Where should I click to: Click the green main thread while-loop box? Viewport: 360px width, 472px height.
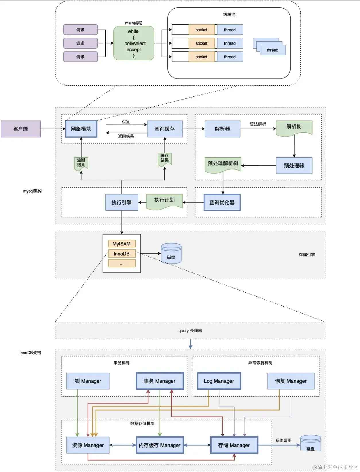(134, 43)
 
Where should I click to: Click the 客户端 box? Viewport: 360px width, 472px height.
(21, 129)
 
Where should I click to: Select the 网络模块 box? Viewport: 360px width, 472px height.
(81, 129)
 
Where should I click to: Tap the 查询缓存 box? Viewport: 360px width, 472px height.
(164, 129)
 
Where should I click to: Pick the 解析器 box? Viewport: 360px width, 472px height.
(222, 129)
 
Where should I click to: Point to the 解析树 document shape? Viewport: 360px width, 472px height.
(294, 127)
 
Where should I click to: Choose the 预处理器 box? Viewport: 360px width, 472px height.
(294, 166)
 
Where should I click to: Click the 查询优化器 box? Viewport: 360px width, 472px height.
(222, 202)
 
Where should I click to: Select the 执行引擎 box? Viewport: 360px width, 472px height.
(122, 202)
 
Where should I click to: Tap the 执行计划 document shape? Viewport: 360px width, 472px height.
(164, 201)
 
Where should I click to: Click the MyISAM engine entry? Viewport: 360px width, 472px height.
(121, 244)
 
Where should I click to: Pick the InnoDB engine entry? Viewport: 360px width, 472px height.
(121, 254)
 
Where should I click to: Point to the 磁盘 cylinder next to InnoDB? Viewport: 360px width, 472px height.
(171, 254)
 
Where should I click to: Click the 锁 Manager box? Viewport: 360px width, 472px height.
(88, 381)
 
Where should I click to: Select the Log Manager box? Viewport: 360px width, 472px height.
(219, 381)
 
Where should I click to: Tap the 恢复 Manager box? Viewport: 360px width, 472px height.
(291, 381)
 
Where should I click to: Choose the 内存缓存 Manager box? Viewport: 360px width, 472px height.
(160, 445)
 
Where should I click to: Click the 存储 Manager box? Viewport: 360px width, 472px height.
(234, 445)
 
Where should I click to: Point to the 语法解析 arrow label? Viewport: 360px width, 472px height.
(258, 124)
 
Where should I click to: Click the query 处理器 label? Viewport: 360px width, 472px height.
(190, 331)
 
